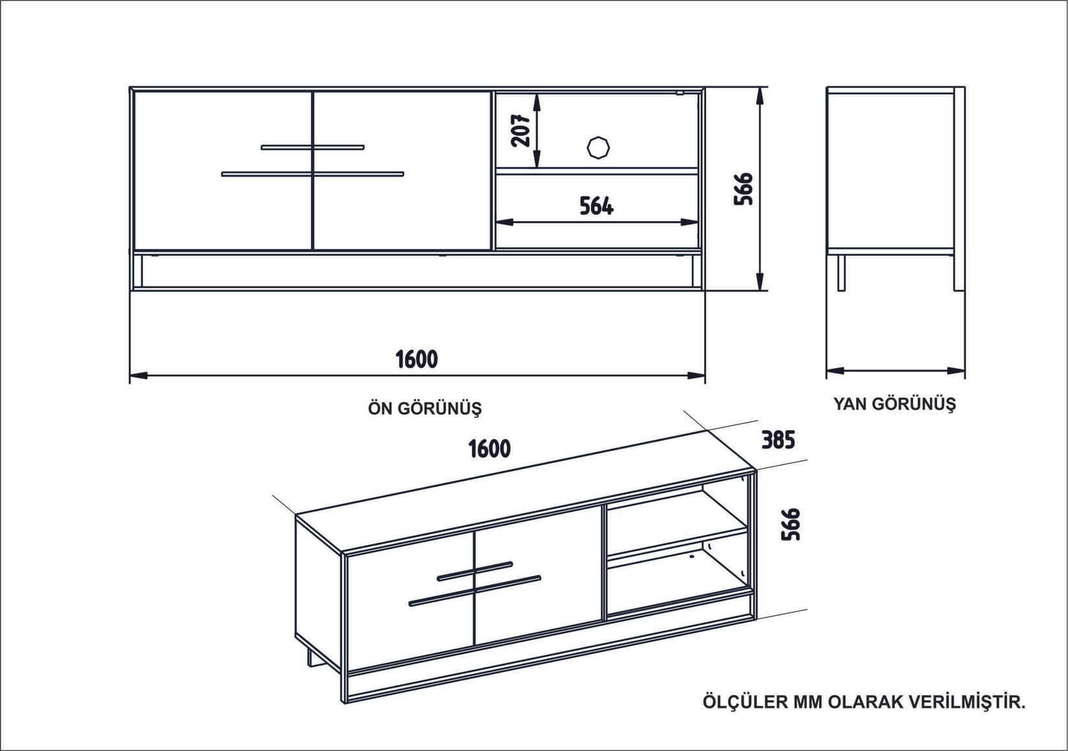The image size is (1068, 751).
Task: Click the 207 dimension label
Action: pos(521,130)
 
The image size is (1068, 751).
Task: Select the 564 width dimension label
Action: pos(596,206)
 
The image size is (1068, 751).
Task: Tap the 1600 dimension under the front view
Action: pos(417,359)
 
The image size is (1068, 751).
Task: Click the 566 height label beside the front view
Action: pos(744,189)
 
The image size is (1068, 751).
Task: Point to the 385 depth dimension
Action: pos(778,440)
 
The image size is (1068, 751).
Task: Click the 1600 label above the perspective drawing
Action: pos(489,448)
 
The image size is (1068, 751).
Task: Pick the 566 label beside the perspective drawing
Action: pos(791,524)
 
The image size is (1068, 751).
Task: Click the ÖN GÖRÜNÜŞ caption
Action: pos(424,409)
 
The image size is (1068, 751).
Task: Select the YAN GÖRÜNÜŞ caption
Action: pos(894,404)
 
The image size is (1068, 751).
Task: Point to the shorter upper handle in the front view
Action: pos(312,147)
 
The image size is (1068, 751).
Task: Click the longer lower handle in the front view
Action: pos(312,174)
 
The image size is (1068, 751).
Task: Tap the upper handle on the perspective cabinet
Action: pos(474,570)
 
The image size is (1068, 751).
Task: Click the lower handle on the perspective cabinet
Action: pos(474,590)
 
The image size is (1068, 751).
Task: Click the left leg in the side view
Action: pos(841,272)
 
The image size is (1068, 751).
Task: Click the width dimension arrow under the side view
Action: pos(896,371)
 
